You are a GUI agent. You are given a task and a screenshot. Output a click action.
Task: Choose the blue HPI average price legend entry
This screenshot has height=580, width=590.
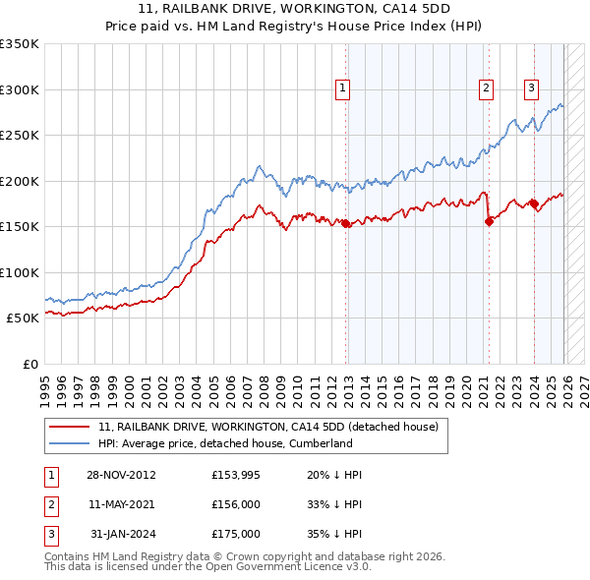tap(225, 443)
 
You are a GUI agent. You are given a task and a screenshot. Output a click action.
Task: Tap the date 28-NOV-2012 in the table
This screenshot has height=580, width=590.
tap(121, 475)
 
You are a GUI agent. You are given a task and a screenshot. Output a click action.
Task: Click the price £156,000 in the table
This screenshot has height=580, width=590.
tap(236, 504)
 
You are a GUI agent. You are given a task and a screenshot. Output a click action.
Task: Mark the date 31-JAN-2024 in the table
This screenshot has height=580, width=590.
tap(121, 534)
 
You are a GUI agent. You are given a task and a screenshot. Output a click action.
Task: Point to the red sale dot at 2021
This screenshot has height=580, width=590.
tap(489, 221)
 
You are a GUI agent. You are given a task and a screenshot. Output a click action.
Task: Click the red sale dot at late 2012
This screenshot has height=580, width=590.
tap(346, 223)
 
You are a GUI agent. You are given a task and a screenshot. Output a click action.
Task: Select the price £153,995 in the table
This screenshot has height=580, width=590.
tap(236, 475)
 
